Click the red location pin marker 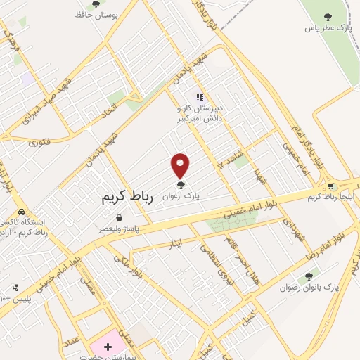[181, 165]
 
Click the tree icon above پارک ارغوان [181, 185]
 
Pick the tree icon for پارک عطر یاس [326, 16]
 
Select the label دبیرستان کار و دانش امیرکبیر [200, 115]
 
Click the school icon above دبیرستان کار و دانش [200, 98]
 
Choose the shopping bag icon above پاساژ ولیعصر [123, 218]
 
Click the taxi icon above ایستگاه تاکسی [21, 212]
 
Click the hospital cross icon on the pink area [108, 347]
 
